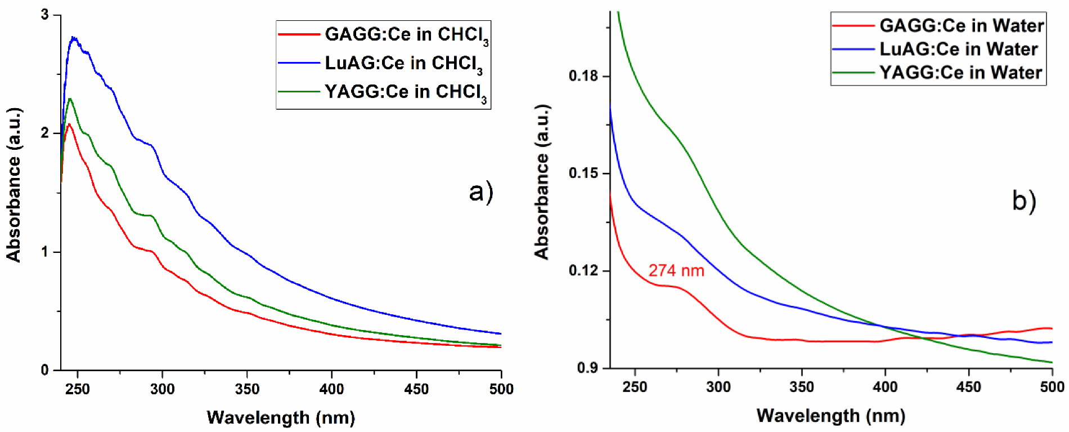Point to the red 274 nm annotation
(x=676, y=271)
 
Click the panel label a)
(x=481, y=192)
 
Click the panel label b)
(x=1023, y=201)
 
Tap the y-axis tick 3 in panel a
(x=45, y=15)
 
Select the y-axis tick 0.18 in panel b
(x=583, y=76)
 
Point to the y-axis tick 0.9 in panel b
(x=587, y=368)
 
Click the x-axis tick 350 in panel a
(x=247, y=389)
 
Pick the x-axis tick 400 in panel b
(x=885, y=388)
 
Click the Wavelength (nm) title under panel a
(x=281, y=417)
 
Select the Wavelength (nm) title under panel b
(x=830, y=416)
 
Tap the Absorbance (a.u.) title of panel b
(x=542, y=182)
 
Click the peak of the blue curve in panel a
(x=73, y=38)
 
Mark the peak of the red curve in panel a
(x=69, y=124)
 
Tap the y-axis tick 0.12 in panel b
(x=583, y=271)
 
